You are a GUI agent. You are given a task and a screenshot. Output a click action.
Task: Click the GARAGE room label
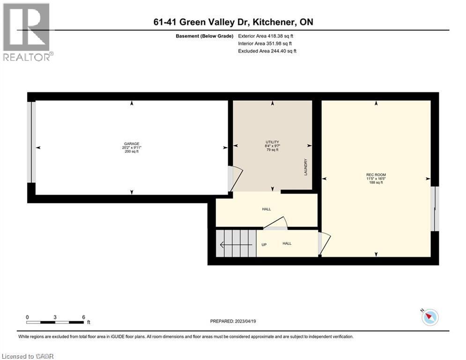(x=132, y=144)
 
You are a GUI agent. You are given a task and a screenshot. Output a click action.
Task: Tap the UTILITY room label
(x=272, y=142)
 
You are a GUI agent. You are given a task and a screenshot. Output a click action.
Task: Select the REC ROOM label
(x=376, y=175)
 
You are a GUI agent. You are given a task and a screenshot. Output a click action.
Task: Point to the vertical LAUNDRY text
(x=305, y=167)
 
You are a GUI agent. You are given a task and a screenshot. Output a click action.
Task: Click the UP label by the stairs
(x=264, y=244)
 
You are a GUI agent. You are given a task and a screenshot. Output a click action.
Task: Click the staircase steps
(x=237, y=243)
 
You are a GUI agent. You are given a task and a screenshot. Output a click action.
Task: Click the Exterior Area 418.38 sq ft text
(x=268, y=36)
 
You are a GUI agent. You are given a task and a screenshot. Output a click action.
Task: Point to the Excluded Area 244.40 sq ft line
(x=267, y=51)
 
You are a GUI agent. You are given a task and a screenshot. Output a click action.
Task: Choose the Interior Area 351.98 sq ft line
(x=267, y=43)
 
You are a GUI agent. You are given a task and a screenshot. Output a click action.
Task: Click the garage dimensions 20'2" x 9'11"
(x=132, y=148)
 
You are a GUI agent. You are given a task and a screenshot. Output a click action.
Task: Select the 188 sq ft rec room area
(x=376, y=182)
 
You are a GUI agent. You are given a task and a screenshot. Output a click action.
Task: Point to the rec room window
(x=435, y=209)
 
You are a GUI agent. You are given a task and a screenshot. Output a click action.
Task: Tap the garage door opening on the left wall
(x=31, y=142)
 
